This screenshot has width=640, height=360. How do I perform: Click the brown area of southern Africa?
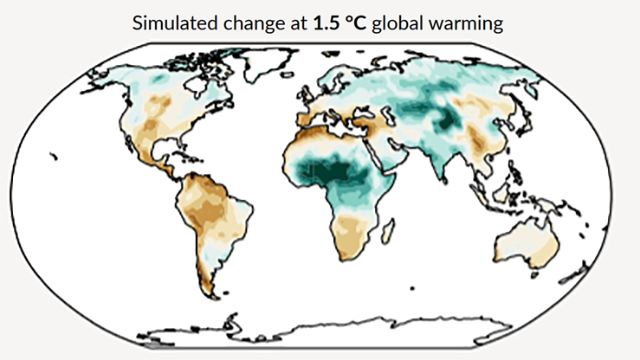click(352, 234)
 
